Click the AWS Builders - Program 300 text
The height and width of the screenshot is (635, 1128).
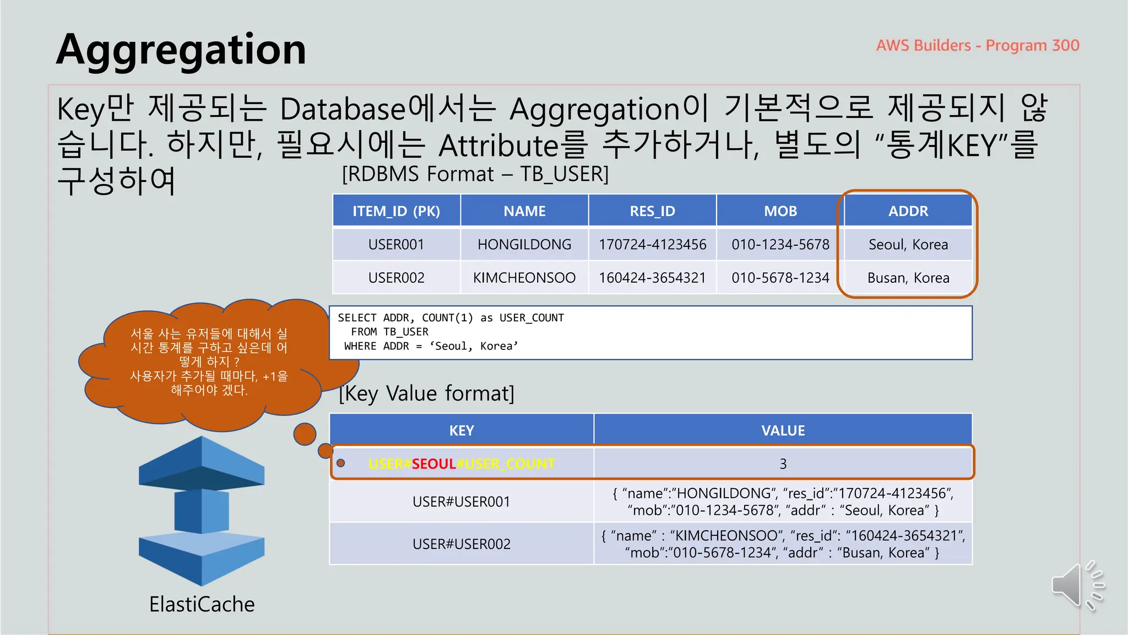click(977, 45)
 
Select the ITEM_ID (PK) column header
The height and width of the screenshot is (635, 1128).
click(396, 211)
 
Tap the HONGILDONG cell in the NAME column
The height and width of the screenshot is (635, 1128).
click(524, 244)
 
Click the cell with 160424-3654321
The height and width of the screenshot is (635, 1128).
click(652, 278)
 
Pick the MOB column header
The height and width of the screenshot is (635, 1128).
click(780, 211)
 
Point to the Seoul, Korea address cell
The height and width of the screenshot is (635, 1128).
click(908, 244)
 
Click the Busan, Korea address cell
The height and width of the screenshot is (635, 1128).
click(908, 278)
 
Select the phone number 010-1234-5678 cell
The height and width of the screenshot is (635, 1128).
click(780, 244)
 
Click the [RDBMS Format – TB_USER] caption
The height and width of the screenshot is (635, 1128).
click(475, 174)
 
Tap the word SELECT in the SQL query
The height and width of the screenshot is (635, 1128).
click(357, 318)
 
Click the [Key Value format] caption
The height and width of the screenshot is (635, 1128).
click(426, 394)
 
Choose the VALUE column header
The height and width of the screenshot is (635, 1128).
click(783, 430)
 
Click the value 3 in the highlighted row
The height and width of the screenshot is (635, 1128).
click(783, 464)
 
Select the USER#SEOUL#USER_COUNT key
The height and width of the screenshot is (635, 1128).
click(462, 464)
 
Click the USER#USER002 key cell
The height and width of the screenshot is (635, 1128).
click(462, 544)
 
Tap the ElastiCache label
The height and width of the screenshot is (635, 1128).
click(202, 605)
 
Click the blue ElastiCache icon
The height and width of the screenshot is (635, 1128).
click(202, 510)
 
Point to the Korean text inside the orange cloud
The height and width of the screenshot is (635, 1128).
click(209, 362)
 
